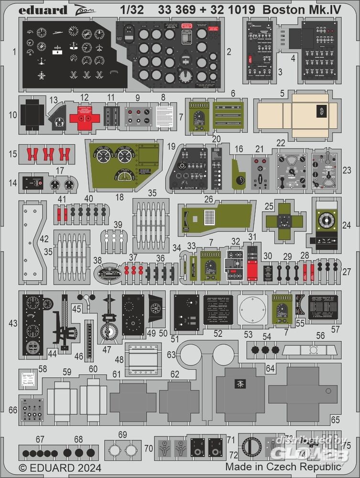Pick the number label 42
[x=44, y=239]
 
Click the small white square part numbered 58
[x=29, y=380]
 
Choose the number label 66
[x=13, y=410]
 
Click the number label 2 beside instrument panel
[x=229, y=51]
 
